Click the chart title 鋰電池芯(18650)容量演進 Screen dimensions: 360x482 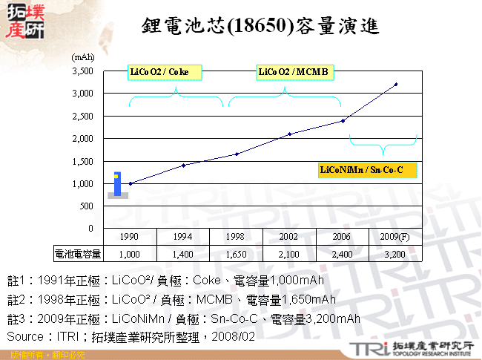(x=260, y=27)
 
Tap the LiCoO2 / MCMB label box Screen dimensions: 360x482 (x=293, y=72)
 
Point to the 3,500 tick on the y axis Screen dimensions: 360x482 (x=82, y=71)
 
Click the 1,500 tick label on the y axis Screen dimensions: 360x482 (x=82, y=161)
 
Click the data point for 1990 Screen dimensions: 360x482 (x=131, y=183)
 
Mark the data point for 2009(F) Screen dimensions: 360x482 (x=396, y=84)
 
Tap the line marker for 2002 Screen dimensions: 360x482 (x=290, y=134)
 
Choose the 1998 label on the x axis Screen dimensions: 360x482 (x=237, y=236)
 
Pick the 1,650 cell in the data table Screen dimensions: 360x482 (x=237, y=254)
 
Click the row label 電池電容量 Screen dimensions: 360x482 (x=78, y=254)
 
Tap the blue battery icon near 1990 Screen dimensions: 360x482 (x=117, y=184)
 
